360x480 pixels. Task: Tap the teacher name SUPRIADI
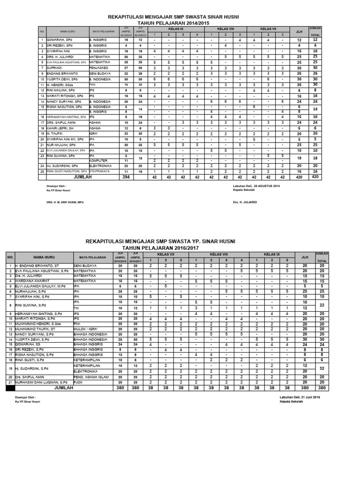click(x=56, y=67)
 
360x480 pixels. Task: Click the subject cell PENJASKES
click(x=99, y=67)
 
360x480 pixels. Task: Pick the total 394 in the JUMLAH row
click(x=126, y=177)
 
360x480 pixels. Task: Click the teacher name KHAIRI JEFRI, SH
click(x=59, y=127)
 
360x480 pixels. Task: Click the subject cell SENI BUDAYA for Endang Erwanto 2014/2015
click(x=100, y=74)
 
